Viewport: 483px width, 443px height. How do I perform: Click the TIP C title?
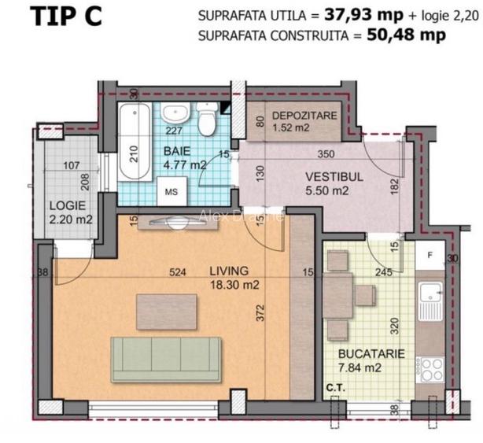click(x=66, y=18)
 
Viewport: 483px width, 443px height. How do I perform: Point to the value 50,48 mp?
click(x=404, y=35)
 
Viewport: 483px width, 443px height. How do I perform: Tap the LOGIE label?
click(x=66, y=206)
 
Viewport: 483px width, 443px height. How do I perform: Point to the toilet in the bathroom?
click(x=208, y=121)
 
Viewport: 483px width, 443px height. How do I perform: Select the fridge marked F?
click(x=430, y=255)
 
